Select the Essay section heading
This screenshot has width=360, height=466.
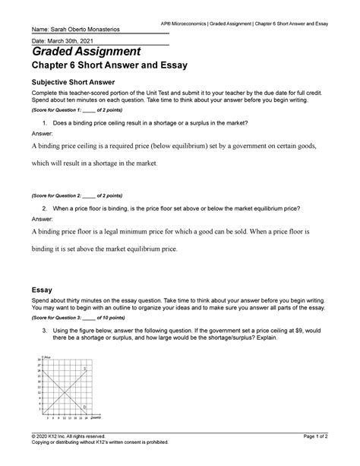[x=41, y=290]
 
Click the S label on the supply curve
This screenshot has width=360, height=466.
[x=85, y=368]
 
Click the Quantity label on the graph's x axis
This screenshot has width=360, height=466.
[x=96, y=418]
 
